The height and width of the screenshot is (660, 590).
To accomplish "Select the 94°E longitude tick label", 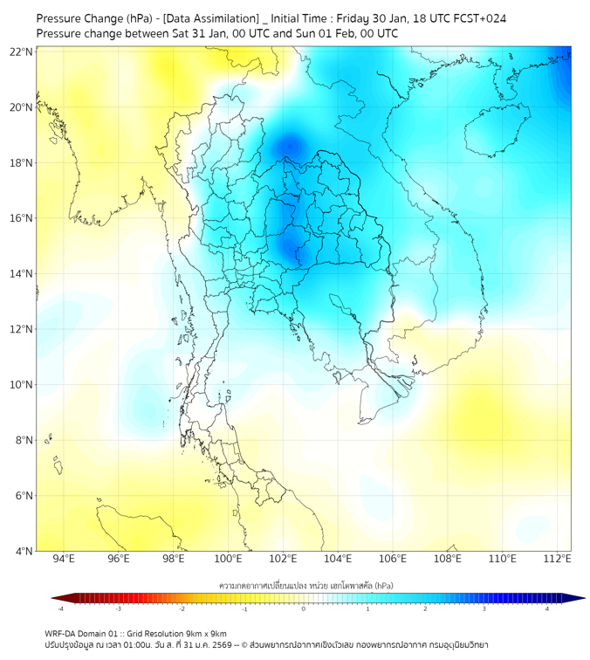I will (64, 559).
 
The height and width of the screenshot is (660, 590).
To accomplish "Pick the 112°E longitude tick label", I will (557, 559).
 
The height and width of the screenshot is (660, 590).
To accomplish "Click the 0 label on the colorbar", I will (304, 608).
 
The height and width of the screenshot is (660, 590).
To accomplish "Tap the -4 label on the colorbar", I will (59, 608).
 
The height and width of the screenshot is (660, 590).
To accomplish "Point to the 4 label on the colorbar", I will (546, 608).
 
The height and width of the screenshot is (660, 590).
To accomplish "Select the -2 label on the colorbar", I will (182, 608).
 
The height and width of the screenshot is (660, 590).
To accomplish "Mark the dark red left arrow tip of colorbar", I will (55, 598).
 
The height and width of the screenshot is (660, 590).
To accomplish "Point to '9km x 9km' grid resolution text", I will (204, 633).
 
